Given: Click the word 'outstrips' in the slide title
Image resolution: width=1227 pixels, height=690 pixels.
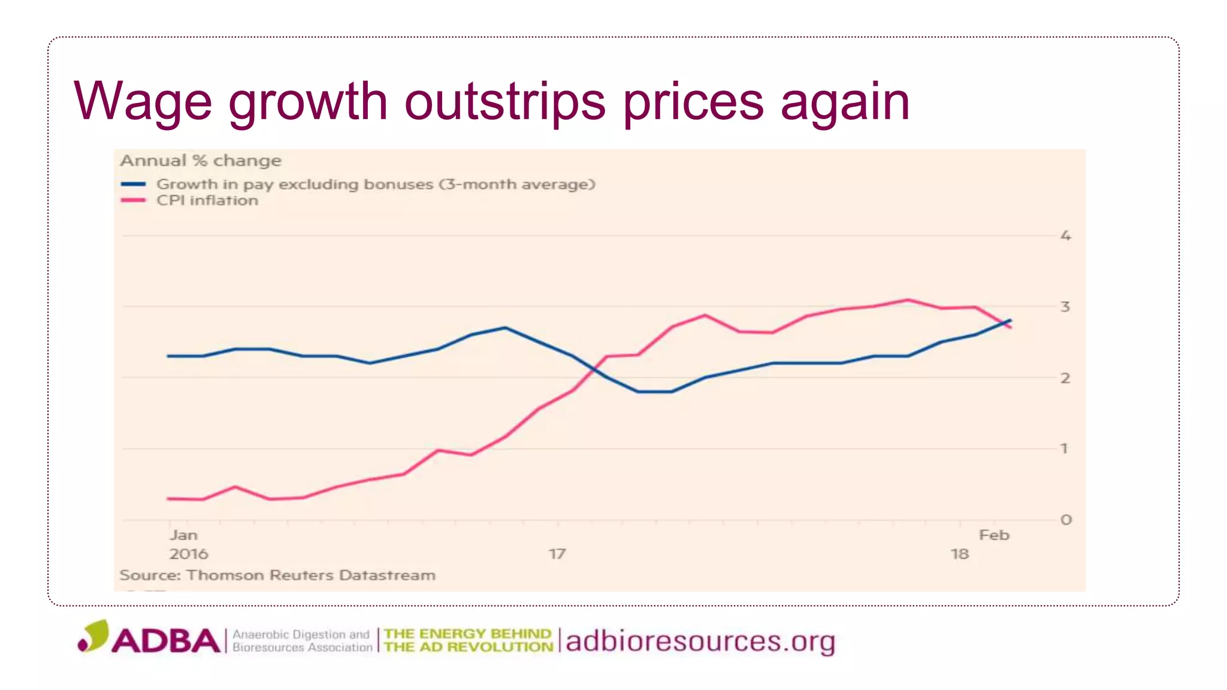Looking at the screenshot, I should point(504,102).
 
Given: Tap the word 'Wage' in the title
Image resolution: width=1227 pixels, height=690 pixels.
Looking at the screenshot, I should point(143,102).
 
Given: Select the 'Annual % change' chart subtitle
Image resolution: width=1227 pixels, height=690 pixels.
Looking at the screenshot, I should point(201,161).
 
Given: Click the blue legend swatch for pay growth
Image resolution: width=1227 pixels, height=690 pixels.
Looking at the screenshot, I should point(133,184).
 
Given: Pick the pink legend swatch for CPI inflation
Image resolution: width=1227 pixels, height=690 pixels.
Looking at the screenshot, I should point(133,200).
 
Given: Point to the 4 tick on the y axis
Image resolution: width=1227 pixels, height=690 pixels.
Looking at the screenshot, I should point(1065,236).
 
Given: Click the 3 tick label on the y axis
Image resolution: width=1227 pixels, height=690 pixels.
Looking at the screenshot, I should point(1065,307).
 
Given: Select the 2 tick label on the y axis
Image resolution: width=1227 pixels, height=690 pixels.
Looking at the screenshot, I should point(1065,378).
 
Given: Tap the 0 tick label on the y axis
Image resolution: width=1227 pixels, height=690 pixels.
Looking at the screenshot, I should point(1066,520).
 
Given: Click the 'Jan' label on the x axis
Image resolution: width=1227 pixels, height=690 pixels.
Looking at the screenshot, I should point(183,535).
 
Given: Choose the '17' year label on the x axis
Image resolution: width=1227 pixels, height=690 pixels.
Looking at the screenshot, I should point(557,554).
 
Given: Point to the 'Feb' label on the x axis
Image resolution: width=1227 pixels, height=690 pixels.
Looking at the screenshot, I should point(994,535).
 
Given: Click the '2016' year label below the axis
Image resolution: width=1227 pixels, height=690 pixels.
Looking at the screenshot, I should point(189,554).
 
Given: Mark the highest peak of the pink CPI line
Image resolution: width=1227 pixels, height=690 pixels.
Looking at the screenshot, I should point(908,300).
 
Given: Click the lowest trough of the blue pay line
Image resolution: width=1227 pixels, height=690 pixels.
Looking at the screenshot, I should point(655,392).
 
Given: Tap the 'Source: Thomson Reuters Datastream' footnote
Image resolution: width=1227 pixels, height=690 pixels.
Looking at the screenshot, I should point(277,575).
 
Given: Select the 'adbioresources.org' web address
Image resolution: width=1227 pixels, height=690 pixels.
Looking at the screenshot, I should point(700,641).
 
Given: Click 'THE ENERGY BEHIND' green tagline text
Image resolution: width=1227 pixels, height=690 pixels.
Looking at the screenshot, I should point(467,634).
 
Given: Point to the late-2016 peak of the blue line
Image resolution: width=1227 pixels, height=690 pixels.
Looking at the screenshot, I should point(506,328).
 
